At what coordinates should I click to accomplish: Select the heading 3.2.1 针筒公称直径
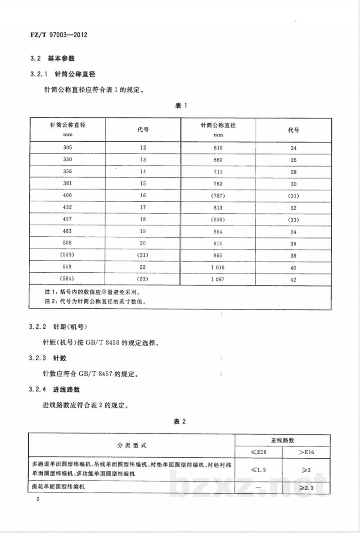click(63, 74)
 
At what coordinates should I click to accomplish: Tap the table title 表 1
click(180, 106)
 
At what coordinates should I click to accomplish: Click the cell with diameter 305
click(67, 148)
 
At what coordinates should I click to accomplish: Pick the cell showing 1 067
click(218, 279)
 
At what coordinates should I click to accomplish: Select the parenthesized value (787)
click(218, 196)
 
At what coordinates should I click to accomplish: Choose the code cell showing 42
click(293, 279)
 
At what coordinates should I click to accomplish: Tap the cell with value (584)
click(67, 279)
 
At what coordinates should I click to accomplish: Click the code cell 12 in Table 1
click(143, 148)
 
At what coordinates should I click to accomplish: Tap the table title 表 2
click(180, 421)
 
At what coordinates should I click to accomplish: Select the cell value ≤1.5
click(259, 470)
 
